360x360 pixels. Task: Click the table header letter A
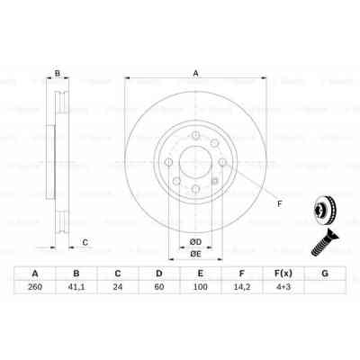pyautogui.click(x=34, y=274)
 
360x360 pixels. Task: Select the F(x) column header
pyautogui.click(x=283, y=274)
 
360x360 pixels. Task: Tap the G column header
pyautogui.click(x=324, y=274)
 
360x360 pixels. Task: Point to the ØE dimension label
pyautogui.click(x=194, y=254)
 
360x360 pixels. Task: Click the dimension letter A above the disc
pyautogui.click(x=194, y=76)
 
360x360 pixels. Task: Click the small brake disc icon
pyautogui.click(x=323, y=208)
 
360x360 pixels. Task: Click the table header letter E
pyautogui.click(x=200, y=274)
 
